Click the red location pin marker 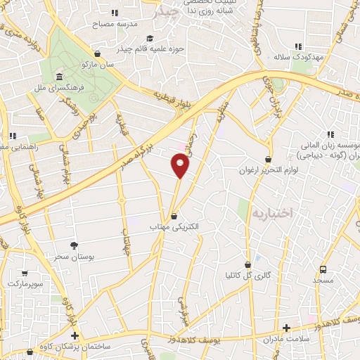coord(180,165)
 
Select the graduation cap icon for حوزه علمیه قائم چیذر coord(149,39)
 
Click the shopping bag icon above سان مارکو coord(97,53)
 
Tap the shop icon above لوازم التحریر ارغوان coord(267,159)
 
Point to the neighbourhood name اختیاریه coord(271,212)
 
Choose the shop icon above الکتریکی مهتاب coord(174,216)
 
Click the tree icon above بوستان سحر coord(75,245)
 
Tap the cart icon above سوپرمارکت coord(25,273)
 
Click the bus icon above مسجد coord(323,269)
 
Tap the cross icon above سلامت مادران coord(286,328)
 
